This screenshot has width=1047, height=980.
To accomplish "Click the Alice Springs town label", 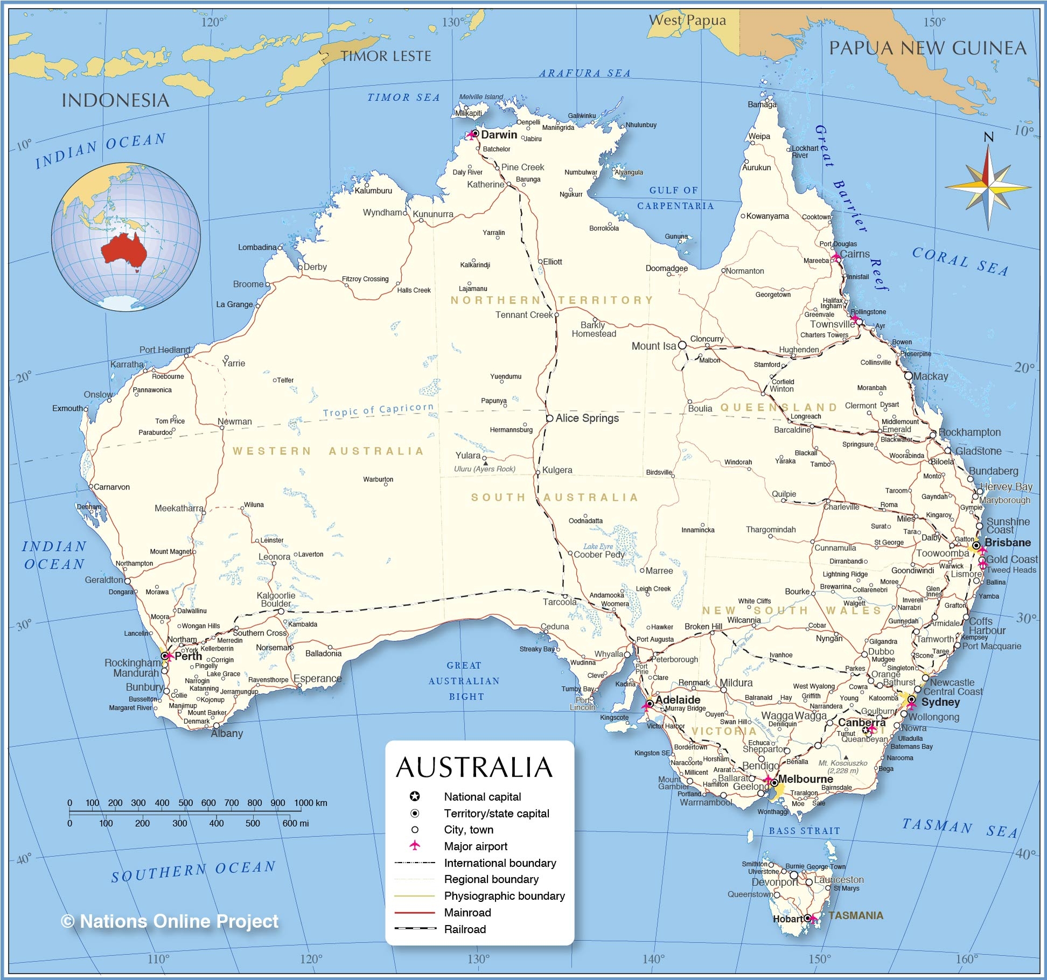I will [x=587, y=418].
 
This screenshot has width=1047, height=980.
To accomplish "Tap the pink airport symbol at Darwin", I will [x=472, y=134].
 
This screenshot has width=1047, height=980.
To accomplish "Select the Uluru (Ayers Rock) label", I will [x=484, y=469].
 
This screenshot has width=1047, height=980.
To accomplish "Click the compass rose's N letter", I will [x=988, y=137].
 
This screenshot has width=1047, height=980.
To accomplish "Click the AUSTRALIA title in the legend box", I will [x=474, y=767].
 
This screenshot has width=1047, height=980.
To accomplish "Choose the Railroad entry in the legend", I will [x=465, y=929].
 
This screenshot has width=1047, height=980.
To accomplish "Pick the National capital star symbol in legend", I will [x=415, y=796].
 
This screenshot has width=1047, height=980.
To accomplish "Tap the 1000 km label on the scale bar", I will [x=310, y=803].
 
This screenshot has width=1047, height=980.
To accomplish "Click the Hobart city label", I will [x=788, y=919].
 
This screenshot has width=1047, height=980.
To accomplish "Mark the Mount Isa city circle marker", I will [x=682, y=345].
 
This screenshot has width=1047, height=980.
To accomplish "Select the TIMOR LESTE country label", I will [x=386, y=56].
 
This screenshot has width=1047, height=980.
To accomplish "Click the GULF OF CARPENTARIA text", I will [x=675, y=198].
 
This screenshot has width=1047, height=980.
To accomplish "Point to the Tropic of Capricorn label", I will [x=378, y=410].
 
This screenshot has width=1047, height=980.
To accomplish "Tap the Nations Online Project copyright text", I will [x=170, y=921].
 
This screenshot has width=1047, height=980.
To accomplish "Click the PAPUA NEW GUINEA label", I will [x=927, y=48].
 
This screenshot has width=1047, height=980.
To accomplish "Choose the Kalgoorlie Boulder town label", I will [x=276, y=599].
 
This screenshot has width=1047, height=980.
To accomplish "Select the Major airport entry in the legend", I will [x=476, y=846].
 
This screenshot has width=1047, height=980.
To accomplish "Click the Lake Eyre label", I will [x=598, y=546].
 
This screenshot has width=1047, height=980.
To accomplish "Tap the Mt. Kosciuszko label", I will [x=843, y=763].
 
